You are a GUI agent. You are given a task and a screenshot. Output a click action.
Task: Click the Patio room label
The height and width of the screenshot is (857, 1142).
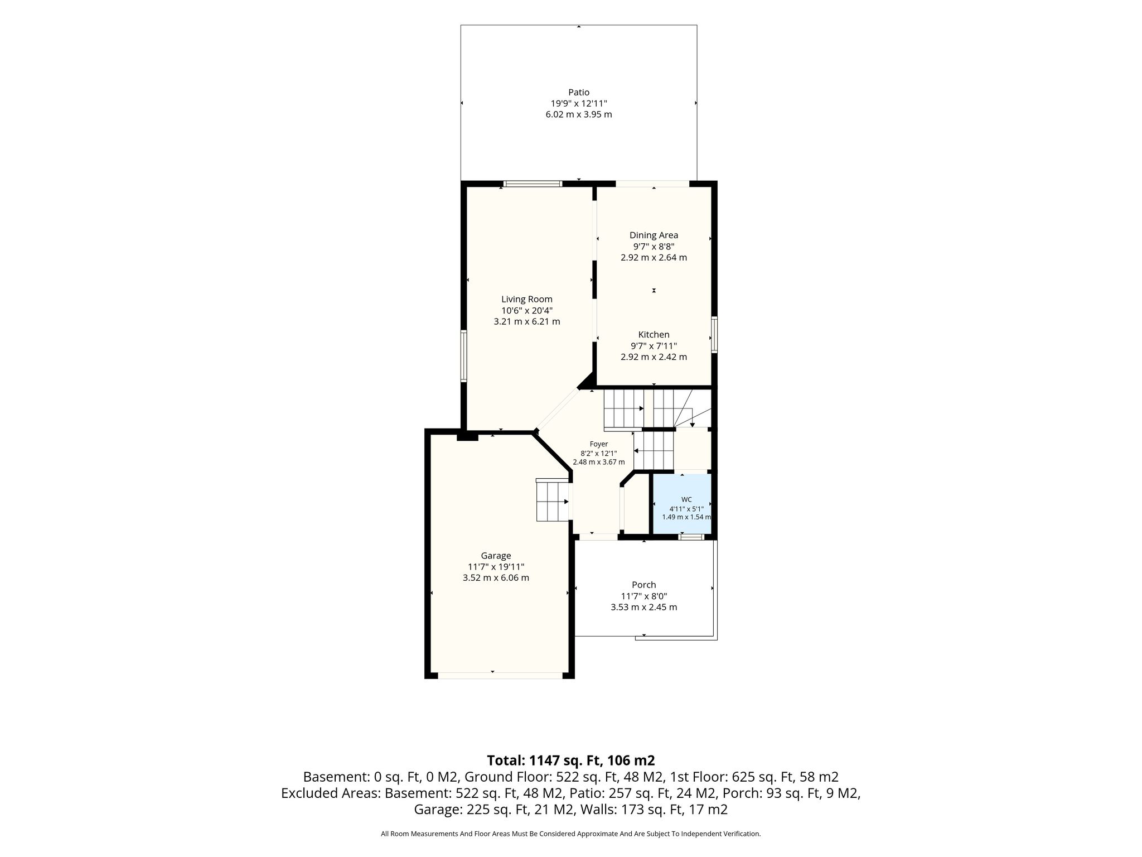(579, 92)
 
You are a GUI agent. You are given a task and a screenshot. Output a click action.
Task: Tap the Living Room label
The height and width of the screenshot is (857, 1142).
(526, 299)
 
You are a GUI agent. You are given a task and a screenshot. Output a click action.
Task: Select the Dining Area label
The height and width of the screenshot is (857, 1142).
(654, 235)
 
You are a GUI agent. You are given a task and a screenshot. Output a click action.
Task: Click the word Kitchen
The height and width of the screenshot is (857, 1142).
(654, 334)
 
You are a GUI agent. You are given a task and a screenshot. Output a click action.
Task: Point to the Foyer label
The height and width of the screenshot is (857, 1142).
(599, 444)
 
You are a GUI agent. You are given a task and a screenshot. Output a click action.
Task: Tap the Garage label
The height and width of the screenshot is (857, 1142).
(496, 555)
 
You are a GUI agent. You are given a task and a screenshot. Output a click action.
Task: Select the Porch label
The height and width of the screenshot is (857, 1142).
(643, 584)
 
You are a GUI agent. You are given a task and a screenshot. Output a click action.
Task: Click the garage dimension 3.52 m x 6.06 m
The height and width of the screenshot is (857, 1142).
(496, 577)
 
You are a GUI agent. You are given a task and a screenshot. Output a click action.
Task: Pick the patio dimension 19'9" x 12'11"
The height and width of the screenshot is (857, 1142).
(579, 103)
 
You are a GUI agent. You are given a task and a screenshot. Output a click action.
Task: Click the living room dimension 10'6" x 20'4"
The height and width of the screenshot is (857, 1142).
(526, 310)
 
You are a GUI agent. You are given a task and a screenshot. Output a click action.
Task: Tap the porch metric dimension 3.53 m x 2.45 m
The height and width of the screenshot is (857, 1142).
(643, 606)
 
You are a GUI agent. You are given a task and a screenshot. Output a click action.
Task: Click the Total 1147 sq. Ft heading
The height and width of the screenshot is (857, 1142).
(571, 760)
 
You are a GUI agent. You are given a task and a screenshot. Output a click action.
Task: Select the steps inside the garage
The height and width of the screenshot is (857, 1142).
(552, 499)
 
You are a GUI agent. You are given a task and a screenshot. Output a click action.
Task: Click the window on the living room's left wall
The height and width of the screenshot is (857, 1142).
(463, 356)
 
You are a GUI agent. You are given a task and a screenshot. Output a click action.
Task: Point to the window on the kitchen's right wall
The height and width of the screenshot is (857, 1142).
(714, 335)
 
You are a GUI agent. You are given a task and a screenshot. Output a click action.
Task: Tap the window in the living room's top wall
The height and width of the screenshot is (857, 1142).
(533, 184)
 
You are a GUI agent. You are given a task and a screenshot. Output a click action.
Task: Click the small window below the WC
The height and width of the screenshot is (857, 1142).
(691, 537)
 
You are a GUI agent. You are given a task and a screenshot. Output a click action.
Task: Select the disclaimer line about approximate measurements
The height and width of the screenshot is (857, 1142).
(570, 834)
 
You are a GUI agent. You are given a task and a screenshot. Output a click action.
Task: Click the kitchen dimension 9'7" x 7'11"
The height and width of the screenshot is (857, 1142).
(654, 345)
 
